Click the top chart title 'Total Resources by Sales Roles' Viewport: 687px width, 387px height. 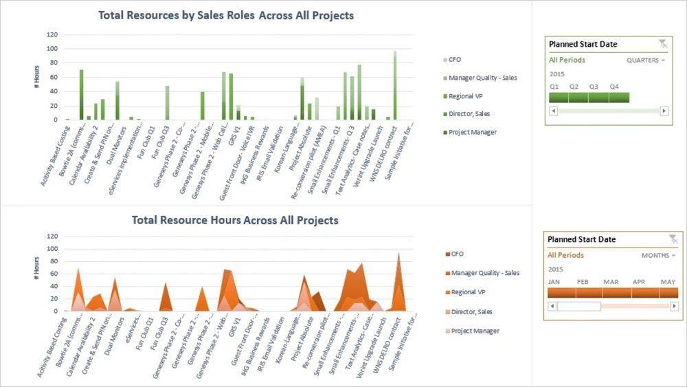click(226, 15)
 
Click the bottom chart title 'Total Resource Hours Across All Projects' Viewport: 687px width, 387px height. click(235, 221)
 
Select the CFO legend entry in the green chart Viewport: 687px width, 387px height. click(455, 60)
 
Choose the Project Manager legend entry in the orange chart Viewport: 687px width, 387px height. click(475, 331)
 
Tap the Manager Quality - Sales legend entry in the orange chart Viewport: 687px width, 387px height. click(484, 273)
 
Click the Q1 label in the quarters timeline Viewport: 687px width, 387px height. click(554, 87)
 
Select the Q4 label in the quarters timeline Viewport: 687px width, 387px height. click(613, 87)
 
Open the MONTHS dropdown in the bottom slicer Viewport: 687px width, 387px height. click(659, 256)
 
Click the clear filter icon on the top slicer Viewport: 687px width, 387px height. click(662, 44)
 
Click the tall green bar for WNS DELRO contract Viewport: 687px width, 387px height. click(395, 86)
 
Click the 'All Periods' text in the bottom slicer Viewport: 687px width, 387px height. click(565, 255)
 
